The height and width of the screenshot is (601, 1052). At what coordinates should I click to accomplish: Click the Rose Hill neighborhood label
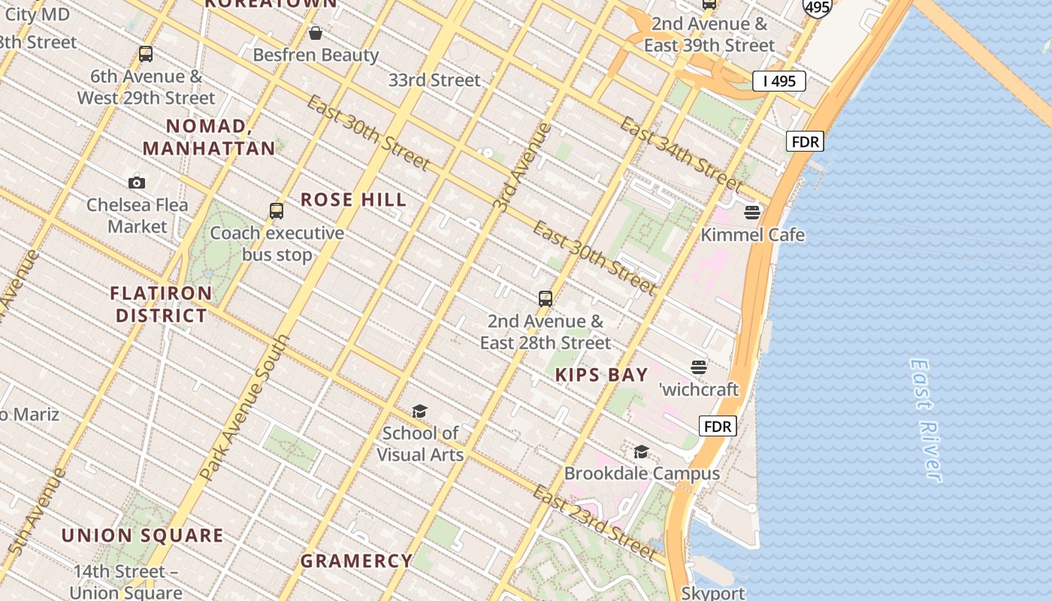353,200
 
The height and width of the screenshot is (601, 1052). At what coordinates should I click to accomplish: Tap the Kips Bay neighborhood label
601,375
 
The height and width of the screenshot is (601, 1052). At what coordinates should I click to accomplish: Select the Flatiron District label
161,304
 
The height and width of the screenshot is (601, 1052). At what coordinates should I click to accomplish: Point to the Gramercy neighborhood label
356,560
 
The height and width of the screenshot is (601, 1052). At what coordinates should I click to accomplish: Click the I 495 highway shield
779,81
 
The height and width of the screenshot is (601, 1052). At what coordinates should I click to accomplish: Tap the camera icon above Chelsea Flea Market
137,183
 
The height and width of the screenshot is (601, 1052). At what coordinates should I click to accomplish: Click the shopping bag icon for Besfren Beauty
316,33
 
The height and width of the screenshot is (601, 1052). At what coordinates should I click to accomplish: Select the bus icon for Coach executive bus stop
277,211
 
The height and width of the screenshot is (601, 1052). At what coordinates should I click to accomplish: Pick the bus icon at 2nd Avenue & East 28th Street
546,299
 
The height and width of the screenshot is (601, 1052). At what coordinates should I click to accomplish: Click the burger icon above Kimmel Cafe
752,213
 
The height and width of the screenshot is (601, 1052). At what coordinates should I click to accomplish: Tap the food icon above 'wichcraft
699,367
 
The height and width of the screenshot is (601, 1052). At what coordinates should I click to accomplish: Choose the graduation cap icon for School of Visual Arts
419,411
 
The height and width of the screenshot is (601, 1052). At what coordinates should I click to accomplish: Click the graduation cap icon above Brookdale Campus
641,452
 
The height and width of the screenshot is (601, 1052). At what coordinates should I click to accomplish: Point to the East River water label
925,420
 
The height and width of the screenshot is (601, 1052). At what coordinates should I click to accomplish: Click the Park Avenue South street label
245,408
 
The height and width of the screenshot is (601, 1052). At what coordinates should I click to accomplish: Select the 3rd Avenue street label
522,167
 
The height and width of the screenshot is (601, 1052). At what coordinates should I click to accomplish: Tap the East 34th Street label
681,153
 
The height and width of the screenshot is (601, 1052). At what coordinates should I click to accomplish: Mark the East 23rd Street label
594,522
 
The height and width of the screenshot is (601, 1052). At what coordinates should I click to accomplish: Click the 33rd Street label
434,80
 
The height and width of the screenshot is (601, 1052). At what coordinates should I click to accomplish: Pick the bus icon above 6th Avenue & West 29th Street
146,54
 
